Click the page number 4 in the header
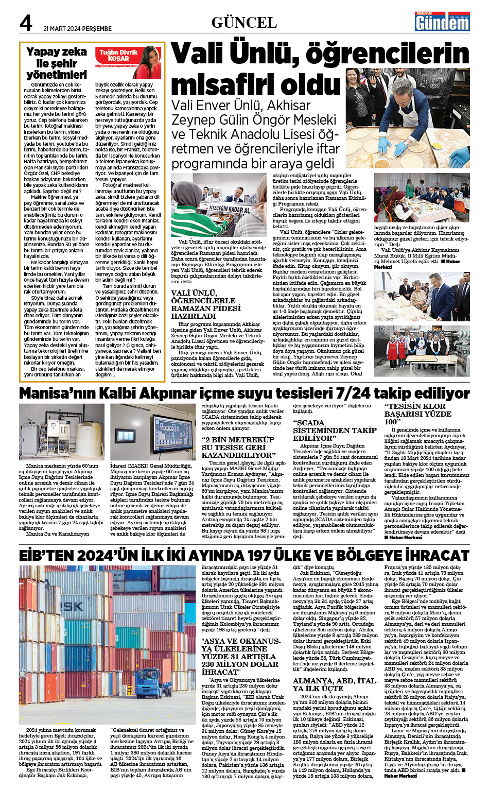pos(26,23)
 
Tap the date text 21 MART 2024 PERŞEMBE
pos(77,29)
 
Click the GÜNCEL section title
pos(244,23)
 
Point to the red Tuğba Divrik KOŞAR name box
pos(118,56)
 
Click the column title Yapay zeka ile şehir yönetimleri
pos(57,63)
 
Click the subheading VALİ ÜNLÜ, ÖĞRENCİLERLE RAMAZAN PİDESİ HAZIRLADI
pos(206,304)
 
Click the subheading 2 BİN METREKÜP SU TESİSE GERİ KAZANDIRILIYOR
pos(238,448)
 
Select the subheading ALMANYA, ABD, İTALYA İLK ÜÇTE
pos(335,684)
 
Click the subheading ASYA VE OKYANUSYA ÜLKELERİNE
pos(241,657)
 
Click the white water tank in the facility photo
pos(88,440)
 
